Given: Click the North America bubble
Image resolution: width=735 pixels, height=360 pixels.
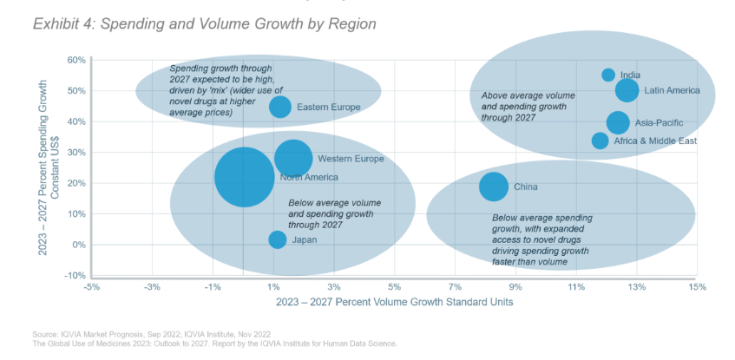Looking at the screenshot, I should pyautogui.click(x=245, y=177).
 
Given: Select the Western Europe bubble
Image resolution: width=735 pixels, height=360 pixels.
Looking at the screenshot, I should pyautogui.click(x=293, y=158).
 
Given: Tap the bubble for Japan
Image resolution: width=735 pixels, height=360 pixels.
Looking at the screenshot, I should pyautogui.click(x=278, y=239).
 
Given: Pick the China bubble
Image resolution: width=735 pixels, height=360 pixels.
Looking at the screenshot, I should pyautogui.click(x=494, y=186).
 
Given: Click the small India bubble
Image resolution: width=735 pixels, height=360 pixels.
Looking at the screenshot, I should pyautogui.click(x=608, y=75).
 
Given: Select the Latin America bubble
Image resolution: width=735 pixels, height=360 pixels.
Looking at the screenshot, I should pyautogui.click(x=627, y=90).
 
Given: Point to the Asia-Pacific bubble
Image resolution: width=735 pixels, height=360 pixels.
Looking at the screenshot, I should pyautogui.click(x=618, y=122).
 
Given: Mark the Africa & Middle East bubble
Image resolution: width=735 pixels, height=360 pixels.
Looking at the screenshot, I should pyautogui.click(x=600, y=141).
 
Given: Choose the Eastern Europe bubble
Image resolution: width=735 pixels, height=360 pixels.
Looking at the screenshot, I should pyautogui.click(x=280, y=107).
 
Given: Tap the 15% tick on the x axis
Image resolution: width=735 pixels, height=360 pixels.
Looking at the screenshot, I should pyautogui.click(x=696, y=287).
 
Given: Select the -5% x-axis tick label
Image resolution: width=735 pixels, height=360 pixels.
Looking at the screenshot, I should pyautogui.click(x=91, y=287).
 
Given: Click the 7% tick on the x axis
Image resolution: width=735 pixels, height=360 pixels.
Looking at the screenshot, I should pyautogui.click(x=454, y=287).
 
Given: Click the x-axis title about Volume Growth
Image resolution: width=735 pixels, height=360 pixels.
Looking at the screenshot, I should pyautogui.click(x=394, y=303).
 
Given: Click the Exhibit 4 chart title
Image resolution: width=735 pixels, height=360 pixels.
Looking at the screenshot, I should pyautogui.click(x=205, y=23).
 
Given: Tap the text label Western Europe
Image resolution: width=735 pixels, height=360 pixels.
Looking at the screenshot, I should pyautogui.click(x=351, y=159).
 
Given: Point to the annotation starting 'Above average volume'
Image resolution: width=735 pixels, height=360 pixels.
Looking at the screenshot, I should pyautogui.click(x=528, y=105).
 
